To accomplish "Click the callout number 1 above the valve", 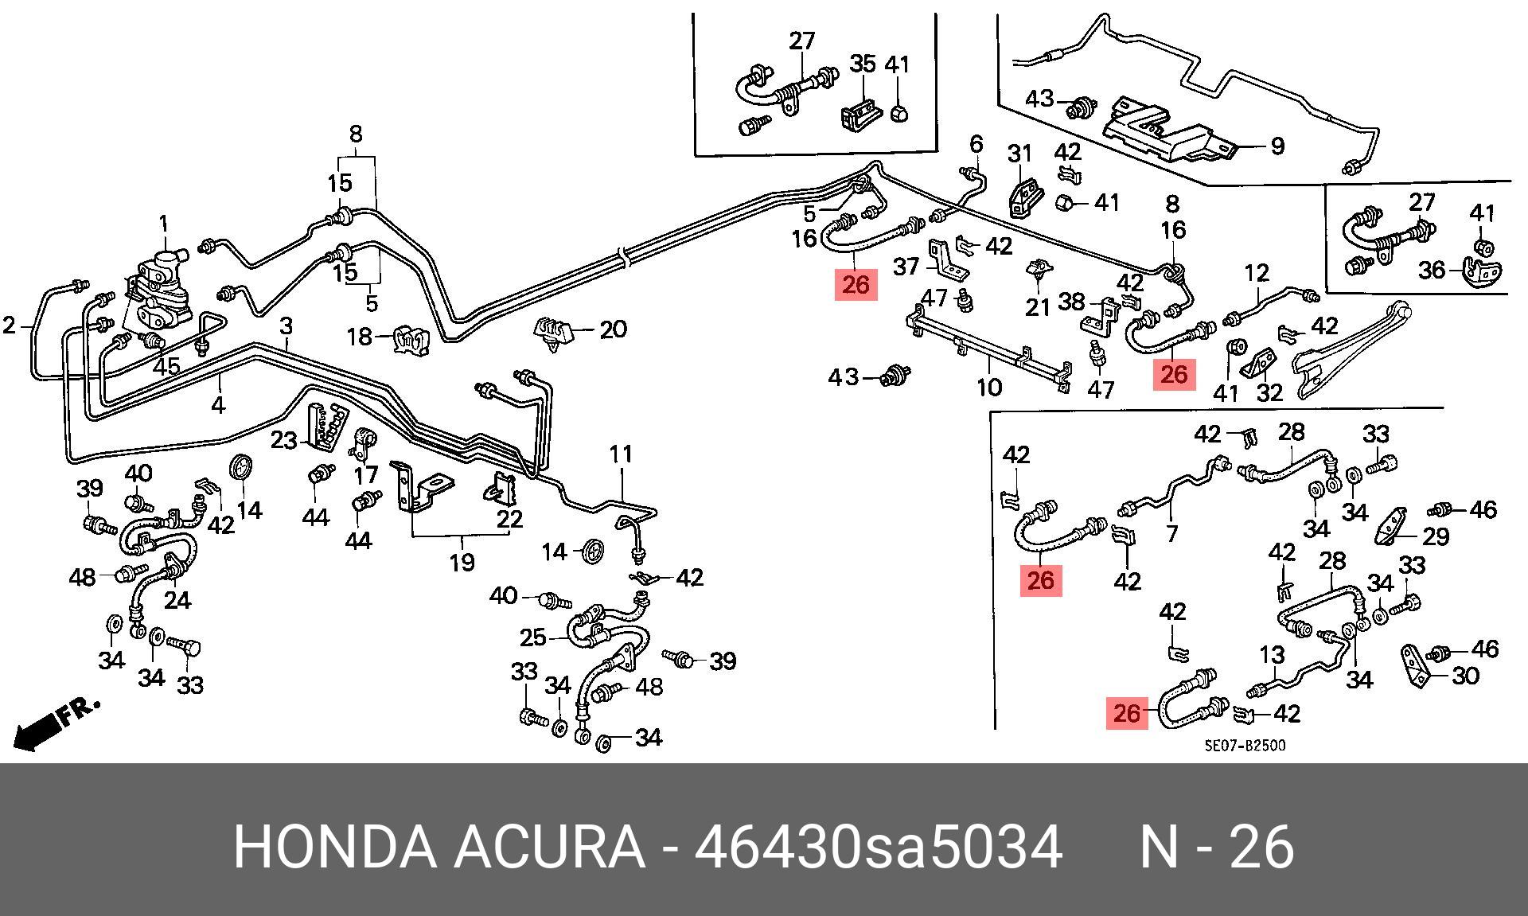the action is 164,224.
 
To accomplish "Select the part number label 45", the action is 166,367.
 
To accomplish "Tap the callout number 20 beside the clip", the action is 612,329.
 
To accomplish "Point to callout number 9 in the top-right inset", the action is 1277,146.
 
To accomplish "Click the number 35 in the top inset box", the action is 863,64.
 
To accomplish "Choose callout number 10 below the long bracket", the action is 989,388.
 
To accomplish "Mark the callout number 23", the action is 283,439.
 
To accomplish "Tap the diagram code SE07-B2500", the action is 1244,746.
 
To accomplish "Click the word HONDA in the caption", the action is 334,848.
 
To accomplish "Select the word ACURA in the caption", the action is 548,848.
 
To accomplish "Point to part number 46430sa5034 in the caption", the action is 878,848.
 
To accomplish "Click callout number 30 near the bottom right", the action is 1464,676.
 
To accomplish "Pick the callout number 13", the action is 1272,656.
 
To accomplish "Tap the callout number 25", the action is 532,637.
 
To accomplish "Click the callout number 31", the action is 1019,154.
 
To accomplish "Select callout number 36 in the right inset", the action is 1431,271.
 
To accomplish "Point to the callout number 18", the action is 360,337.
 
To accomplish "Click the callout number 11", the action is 621,454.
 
